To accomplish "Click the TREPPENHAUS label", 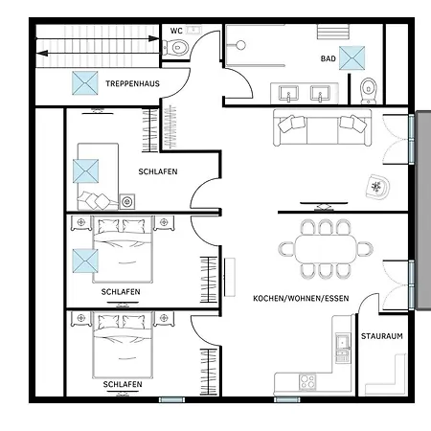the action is click(132, 83).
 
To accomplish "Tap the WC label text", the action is click(176, 31).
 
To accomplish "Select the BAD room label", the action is click(329, 58).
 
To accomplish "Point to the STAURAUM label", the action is click(382, 336).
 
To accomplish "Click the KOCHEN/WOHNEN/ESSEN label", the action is click(301, 299).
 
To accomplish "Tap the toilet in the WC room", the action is click(175, 48).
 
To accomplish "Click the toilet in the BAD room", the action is click(369, 91).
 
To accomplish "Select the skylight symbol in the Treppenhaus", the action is click(85, 83).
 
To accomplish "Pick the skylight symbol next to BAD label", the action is click(352, 58).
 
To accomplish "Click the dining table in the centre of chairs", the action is click(326, 249).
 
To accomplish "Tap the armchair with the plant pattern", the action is click(377, 187).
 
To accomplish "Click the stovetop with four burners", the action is click(307, 382).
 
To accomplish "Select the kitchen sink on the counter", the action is click(343, 342).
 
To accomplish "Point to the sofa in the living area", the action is click(323, 127).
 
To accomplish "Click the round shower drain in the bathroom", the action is click(240, 45).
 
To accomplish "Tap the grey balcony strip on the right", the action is click(423, 210).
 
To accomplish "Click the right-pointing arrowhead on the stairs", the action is click(153, 38).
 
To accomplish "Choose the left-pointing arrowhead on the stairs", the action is click(42, 53).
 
